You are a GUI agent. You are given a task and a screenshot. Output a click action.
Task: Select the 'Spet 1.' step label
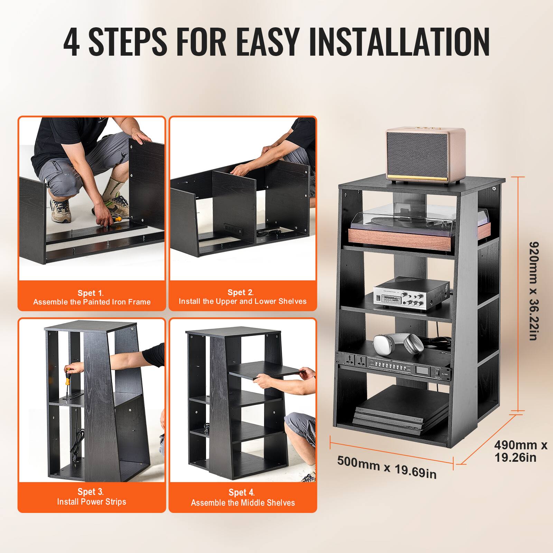point(91,293)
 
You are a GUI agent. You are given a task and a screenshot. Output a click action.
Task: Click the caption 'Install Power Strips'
point(92,502)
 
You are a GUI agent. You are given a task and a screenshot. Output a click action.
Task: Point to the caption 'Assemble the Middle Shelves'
point(243,503)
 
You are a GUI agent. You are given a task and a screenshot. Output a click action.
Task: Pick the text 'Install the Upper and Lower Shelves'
point(242,301)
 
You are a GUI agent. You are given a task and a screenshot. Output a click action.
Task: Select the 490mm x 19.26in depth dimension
point(520,451)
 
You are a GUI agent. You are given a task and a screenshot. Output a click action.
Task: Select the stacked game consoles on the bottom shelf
point(401,411)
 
